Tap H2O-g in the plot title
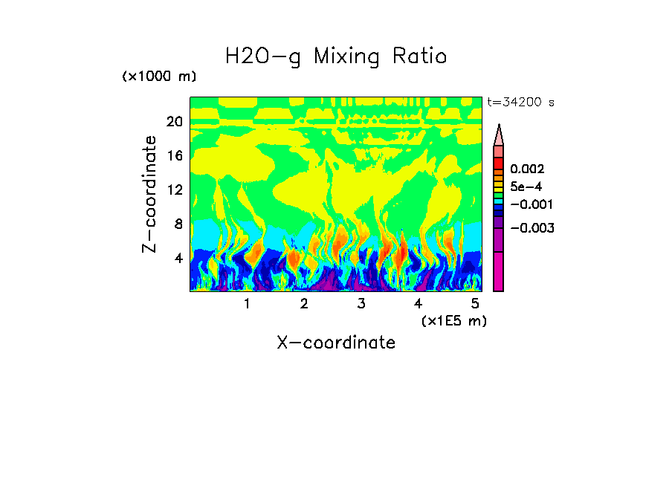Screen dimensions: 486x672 pyautogui.click(x=264, y=56)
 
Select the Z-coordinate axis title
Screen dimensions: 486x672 pyautogui.click(x=150, y=193)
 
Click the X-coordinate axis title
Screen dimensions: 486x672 pyautogui.click(x=336, y=343)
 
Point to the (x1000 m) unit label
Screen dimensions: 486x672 pyautogui.click(x=159, y=77)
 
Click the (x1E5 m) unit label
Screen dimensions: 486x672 pyautogui.click(x=453, y=320)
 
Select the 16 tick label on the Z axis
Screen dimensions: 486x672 pyautogui.click(x=174, y=155)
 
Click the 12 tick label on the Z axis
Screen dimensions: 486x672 pyautogui.click(x=174, y=189)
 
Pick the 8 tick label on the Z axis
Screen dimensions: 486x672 pyautogui.click(x=178, y=224)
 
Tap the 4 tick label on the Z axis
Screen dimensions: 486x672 pyautogui.click(x=178, y=258)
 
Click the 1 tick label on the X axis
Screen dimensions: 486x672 pyautogui.click(x=247, y=304)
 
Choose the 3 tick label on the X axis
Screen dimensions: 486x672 pyautogui.click(x=361, y=304)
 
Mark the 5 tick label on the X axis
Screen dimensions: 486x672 pyautogui.click(x=475, y=304)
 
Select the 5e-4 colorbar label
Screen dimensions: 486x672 pyautogui.click(x=526, y=187)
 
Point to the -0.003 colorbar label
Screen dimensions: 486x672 pyautogui.click(x=532, y=228)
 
